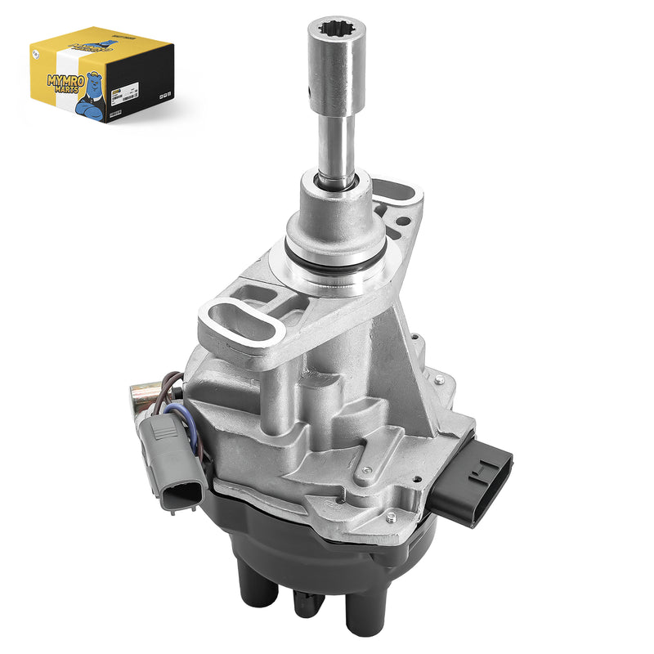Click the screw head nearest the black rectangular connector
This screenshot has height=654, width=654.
(x=441, y=379)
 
